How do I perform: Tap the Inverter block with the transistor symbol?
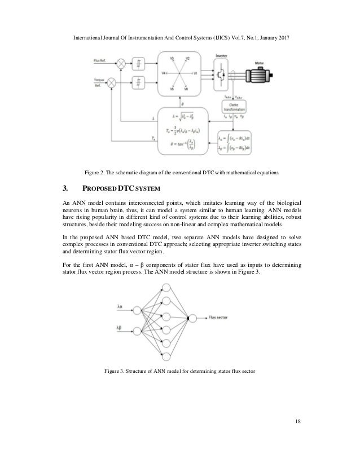pos(222,74)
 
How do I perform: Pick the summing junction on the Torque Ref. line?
pos(112,83)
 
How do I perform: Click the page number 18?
pos(297,420)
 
